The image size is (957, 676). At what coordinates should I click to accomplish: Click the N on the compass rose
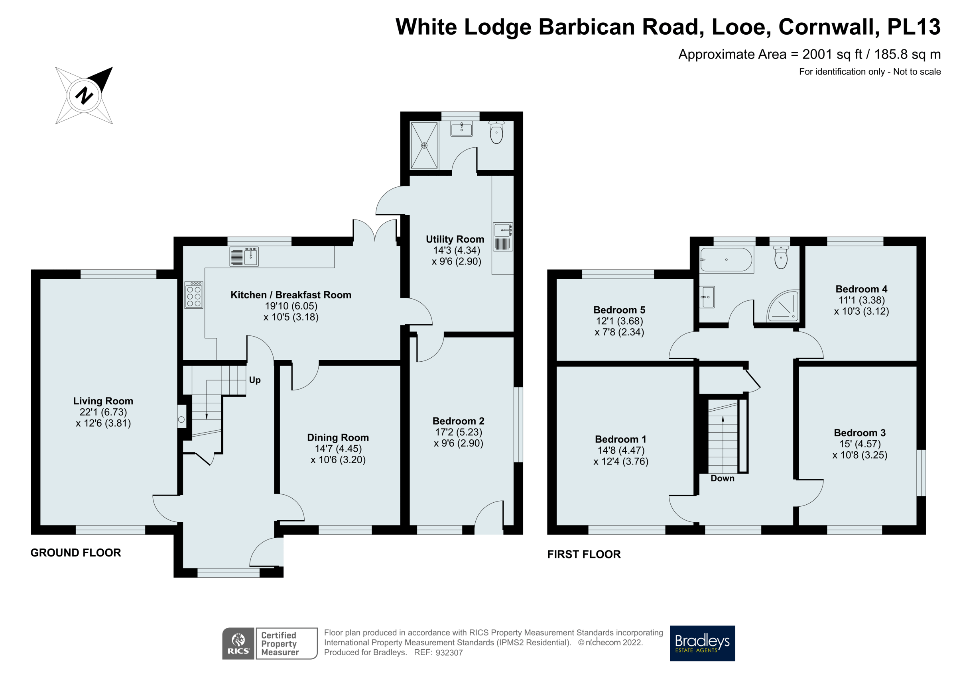click(84, 95)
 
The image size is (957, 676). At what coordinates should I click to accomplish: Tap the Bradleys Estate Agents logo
click(702, 643)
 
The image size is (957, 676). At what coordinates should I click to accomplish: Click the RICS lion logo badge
click(238, 643)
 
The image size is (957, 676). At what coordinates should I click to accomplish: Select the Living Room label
click(103, 401)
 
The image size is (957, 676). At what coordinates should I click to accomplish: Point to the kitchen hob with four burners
click(194, 295)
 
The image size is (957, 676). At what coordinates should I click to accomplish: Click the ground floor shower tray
click(424, 145)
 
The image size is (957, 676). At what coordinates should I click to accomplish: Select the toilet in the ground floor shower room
click(496, 132)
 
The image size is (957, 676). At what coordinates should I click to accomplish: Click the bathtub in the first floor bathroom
click(726, 260)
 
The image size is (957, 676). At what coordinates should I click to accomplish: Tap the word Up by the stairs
click(255, 380)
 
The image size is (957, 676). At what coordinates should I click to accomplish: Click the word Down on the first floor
click(722, 478)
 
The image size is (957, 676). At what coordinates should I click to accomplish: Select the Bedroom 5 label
click(619, 310)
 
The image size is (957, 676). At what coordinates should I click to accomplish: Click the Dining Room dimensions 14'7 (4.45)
click(338, 449)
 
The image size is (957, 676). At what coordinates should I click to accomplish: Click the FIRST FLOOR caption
click(583, 554)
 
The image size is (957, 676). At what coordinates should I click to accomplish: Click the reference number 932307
click(449, 652)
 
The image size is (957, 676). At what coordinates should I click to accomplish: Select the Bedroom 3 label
click(859, 433)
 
